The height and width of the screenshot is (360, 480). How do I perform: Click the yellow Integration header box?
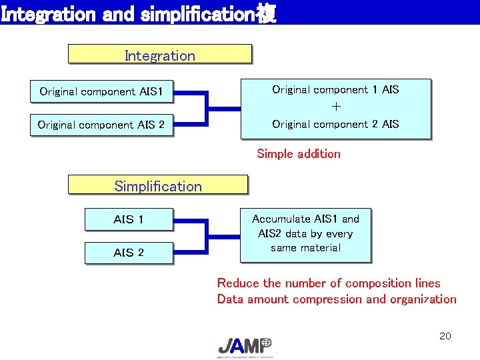click(160, 55)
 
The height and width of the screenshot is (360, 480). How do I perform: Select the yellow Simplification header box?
click(157, 185)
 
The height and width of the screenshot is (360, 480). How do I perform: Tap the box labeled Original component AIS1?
click(101, 92)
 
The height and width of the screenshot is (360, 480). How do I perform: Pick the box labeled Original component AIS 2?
click(101, 125)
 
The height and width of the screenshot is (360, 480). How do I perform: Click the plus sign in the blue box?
click(336, 107)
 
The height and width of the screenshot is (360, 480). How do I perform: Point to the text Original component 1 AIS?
click(335, 89)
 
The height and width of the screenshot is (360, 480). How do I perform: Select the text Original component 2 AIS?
click(335, 124)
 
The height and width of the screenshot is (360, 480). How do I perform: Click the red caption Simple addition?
click(299, 154)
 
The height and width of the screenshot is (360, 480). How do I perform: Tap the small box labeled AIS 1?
click(129, 219)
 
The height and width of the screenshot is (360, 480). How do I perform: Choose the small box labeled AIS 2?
click(129, 253)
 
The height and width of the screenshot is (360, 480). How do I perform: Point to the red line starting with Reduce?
click(329, 283)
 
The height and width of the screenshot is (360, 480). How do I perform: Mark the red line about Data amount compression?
click(337, 299)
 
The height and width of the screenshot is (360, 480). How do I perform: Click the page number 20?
click(445, 336)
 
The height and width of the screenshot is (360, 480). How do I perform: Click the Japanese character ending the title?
click(267, 14)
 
